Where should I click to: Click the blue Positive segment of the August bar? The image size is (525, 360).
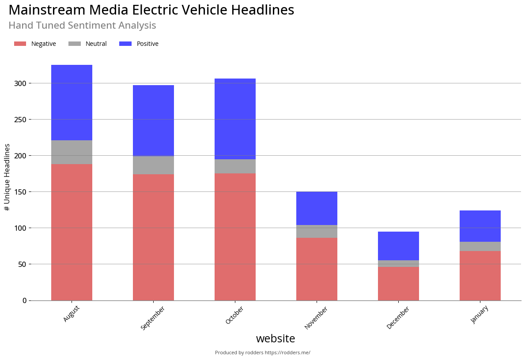pyautogui.click(x=72, y=102)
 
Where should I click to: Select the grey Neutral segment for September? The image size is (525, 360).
pyautogui.click(x=153, y=165)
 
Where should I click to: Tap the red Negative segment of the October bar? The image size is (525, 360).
pyautogui.click(x=235, y=236)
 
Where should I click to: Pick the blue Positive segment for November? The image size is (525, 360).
pyautogui.click(x=317, y=208)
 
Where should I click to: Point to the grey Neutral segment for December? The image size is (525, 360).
pyautogui.click(x=398, y=264)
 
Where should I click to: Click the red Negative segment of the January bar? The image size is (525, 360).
pyautogui.click(x=480, y=276)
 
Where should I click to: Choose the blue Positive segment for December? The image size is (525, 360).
pyautogui.click(x=398, y=246)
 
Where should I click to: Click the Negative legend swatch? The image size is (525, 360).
pyautogui.click(x=20, y=44)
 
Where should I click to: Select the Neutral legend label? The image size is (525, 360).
pyautogui.click(x=96, y=44)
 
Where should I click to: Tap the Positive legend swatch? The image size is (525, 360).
pyautogui.click(x=125, y=44)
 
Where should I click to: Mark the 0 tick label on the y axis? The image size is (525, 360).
pyautogui.click(x=25, y=300)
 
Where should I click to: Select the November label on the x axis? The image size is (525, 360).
pyautogui.click(x=316, y=318)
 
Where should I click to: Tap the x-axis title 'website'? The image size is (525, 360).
pyautogui.click(x=276, y=339)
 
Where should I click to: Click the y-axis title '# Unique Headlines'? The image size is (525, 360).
pyautogui.click(x=7, y=177)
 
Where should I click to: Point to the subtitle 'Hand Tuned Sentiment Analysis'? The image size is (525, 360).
pyautogui.click(x=82, y=26)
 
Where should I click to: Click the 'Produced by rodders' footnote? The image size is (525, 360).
pyautogui.click(x=262, y=352)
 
